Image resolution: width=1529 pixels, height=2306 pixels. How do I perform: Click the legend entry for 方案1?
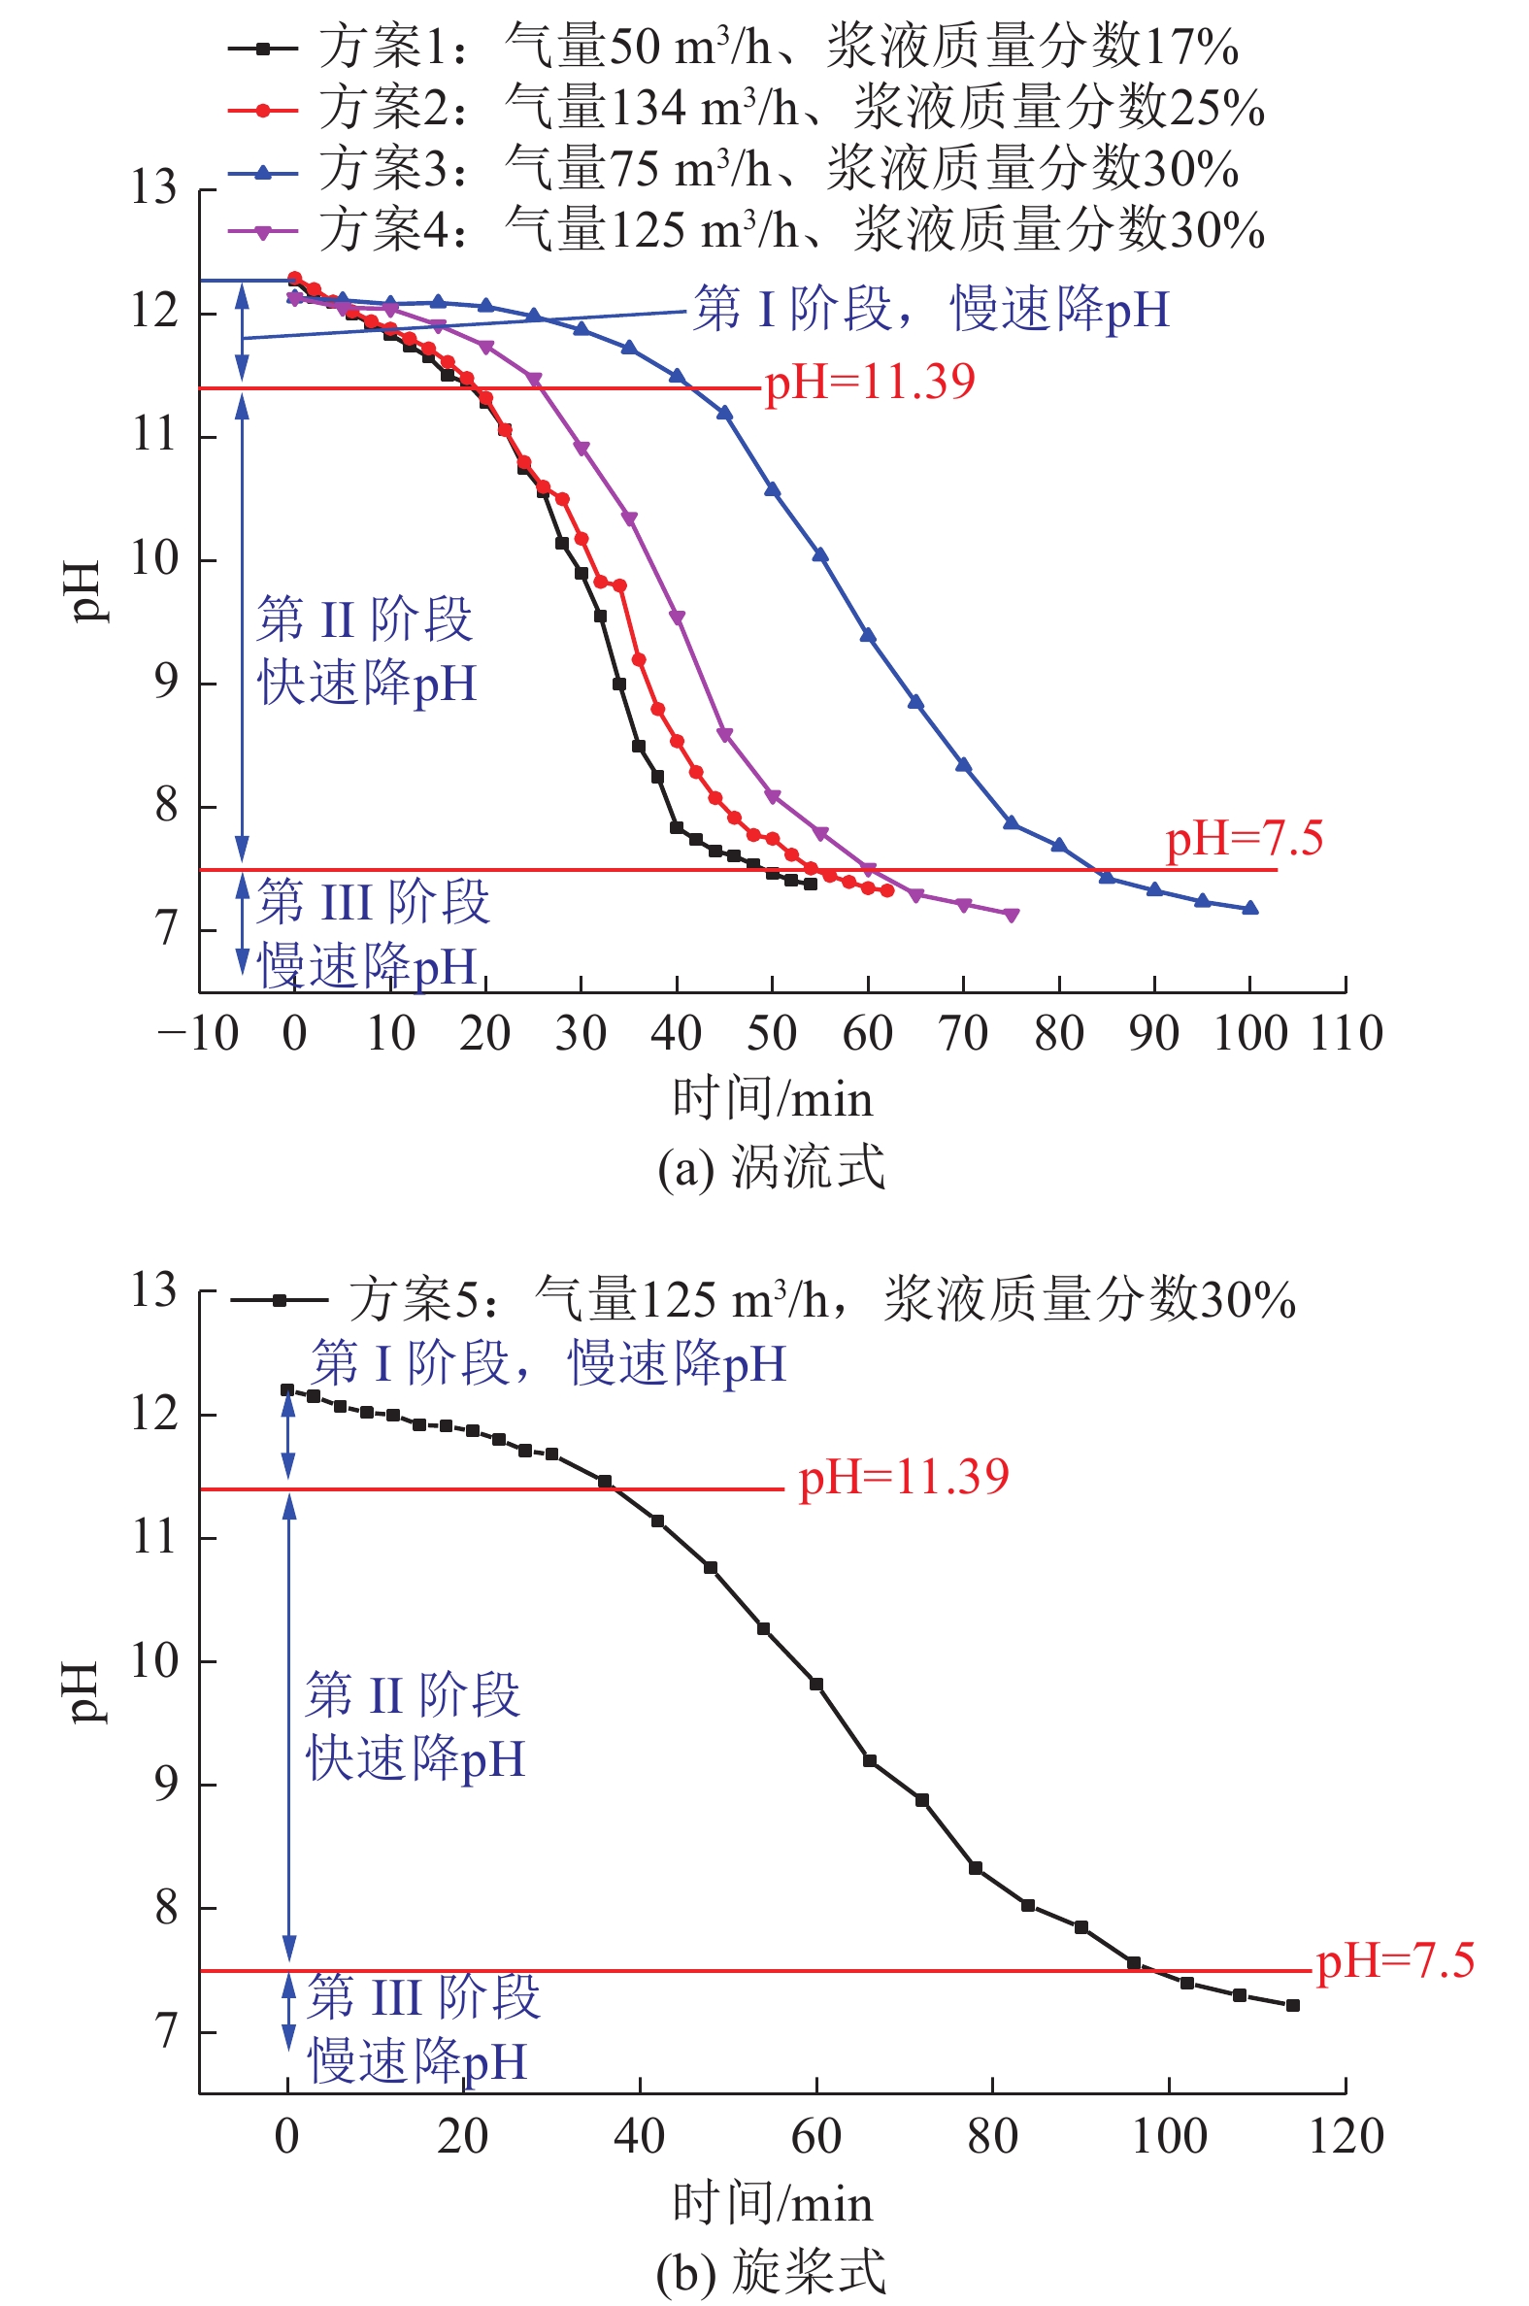coord(731,47)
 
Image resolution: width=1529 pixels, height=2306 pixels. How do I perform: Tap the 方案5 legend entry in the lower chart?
coord(760,1300)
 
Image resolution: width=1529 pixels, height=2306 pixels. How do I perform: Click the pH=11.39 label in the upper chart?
coord(869,382)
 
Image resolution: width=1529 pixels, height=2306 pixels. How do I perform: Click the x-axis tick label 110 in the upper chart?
coord(1346,1033)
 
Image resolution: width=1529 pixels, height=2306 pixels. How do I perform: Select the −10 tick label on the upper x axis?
coord(198,1033)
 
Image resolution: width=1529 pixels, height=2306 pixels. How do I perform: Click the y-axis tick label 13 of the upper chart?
coord(154,187)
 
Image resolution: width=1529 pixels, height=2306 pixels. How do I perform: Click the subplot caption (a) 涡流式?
coord(771,1167)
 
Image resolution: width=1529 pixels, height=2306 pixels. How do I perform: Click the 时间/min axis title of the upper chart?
coord(773,1099)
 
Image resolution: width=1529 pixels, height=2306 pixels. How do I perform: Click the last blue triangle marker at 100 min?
coord(1250,908)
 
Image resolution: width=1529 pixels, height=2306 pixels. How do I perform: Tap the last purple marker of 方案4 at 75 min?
coord(1012,914)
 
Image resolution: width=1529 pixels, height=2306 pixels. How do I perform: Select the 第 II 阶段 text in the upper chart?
coord(364,620)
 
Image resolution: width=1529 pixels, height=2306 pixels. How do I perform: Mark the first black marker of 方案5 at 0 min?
coord(287,1389)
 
